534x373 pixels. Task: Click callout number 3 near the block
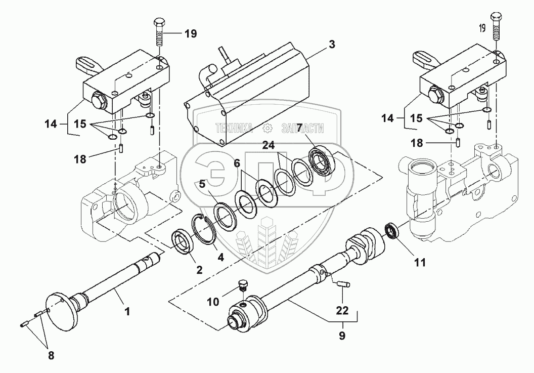click(331, 44)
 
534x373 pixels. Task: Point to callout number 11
click(421, 263)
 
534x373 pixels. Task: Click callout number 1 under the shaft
click(127, 312)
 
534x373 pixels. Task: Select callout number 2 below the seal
click(199, 270)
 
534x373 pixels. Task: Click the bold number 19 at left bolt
click(190, 34)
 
